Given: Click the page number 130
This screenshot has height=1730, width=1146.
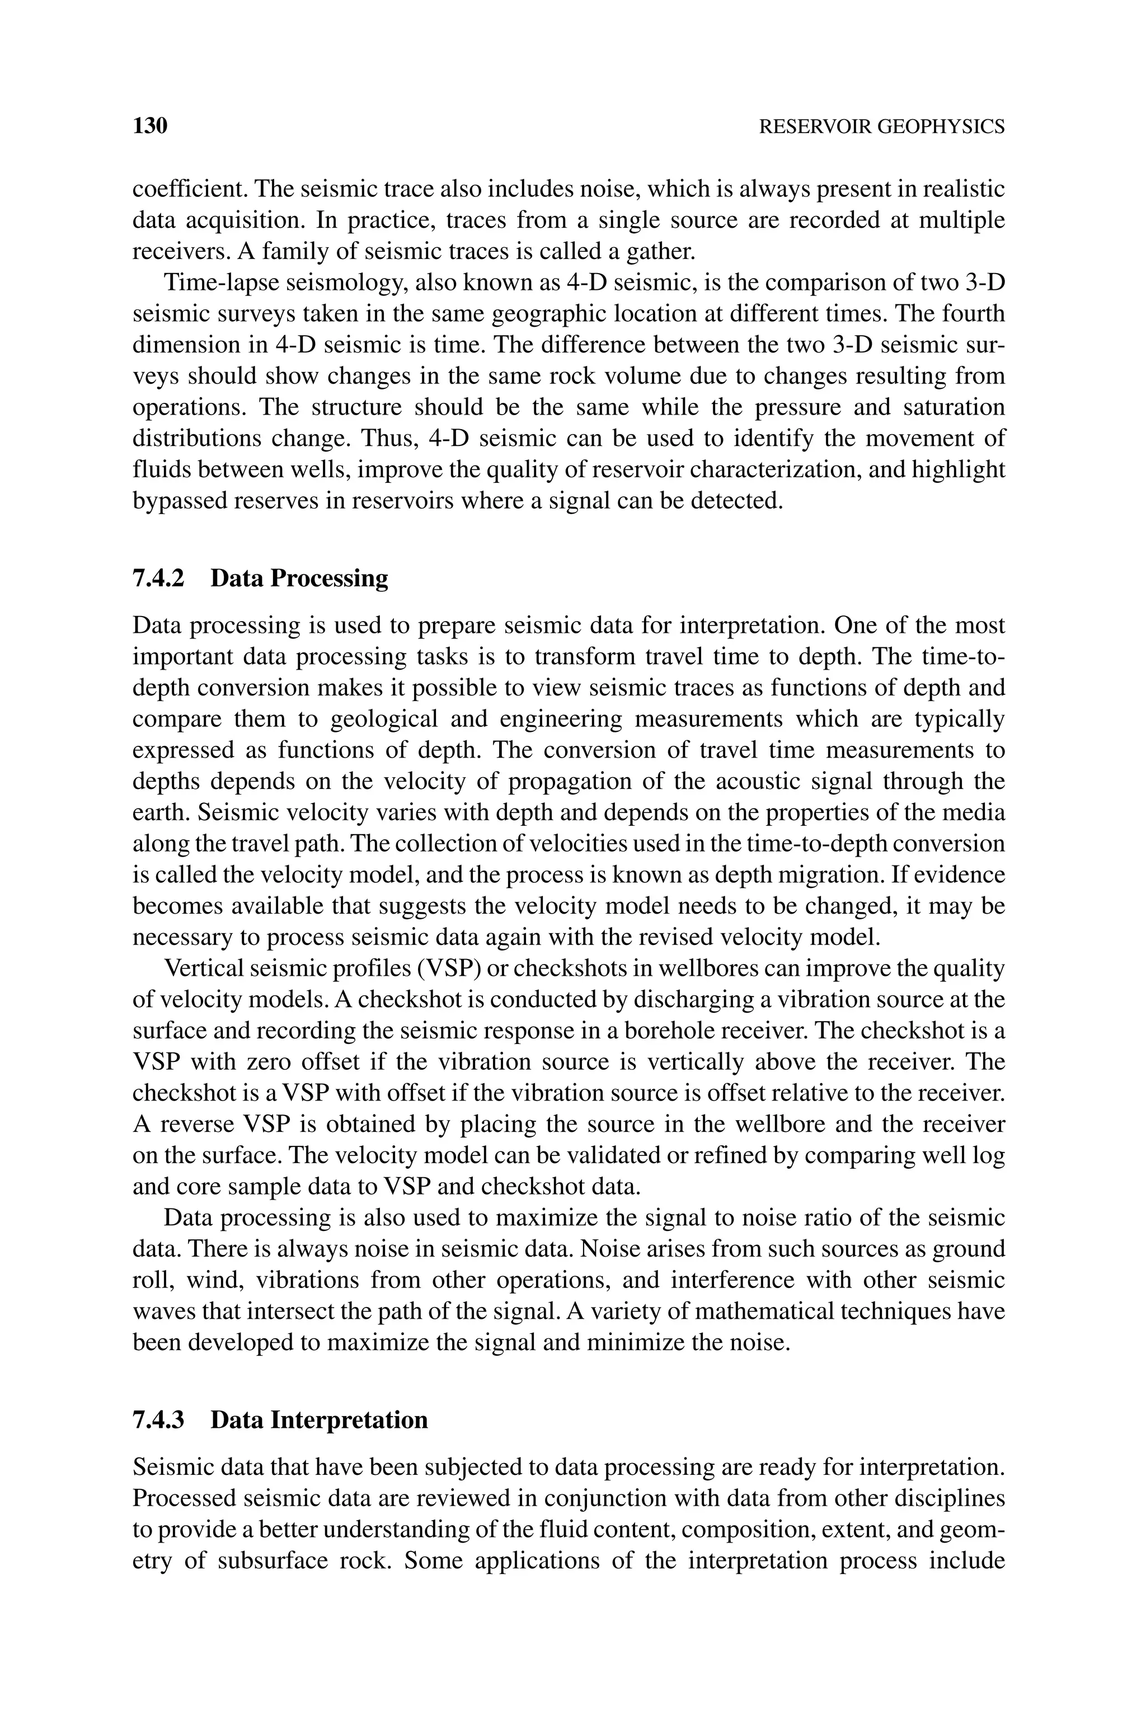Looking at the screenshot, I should coord(150,126).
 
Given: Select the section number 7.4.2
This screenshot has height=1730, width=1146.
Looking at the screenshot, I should coord(158,578).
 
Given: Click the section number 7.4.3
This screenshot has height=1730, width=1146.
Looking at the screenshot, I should coord(158,1419).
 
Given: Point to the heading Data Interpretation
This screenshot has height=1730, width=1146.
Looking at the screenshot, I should coord(318,1419).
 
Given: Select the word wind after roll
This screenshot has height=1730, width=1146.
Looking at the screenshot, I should coord(207,1280).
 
